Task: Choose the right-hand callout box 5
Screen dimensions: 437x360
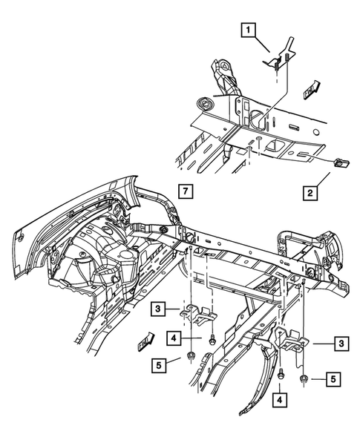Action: pyautogui.click(x=335, y=379)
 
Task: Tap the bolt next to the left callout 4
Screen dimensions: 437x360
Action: pyautogui.click(x=213, y=339)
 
